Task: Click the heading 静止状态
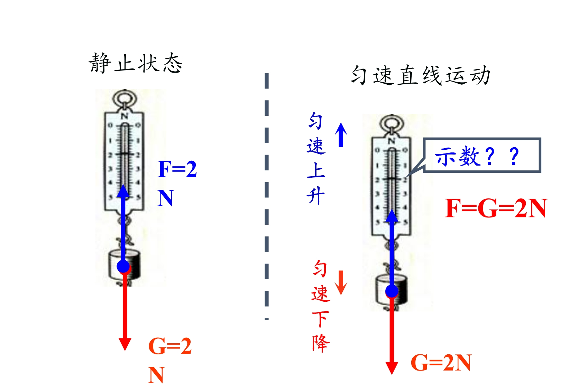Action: (136, 63)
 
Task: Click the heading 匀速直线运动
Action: (421, 75)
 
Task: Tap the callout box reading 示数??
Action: (482, 155)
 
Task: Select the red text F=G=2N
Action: (496, 208)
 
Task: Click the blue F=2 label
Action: (177, 169)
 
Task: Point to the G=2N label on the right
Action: (441, 363)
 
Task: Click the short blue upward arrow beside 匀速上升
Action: (341, 135)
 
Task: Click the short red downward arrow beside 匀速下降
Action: (341, 282)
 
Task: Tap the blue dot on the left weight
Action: (123, 266)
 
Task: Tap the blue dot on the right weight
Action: (392, 291)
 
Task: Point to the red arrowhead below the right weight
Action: (392, 368)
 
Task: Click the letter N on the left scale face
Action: (125, 116)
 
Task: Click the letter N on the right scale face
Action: (392, 141)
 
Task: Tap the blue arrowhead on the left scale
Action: (123, 191)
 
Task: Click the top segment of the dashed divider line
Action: (267, 81)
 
